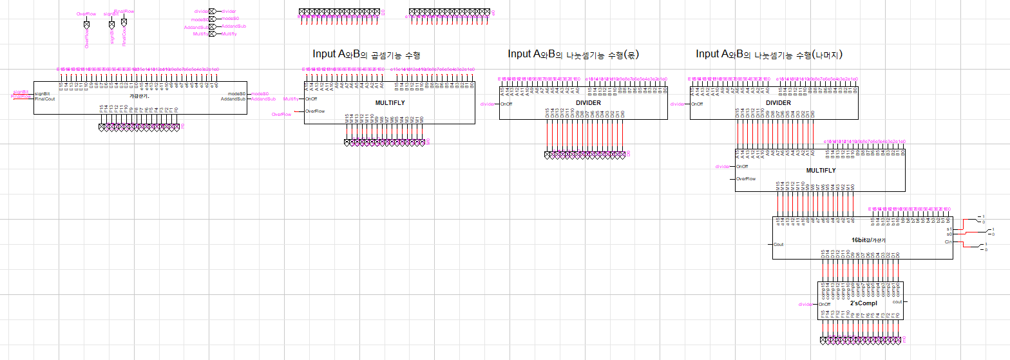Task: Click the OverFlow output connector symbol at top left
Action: pos(86,25)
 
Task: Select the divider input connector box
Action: pos(212,11)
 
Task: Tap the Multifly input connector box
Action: pos(212,33)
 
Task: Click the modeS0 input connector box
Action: pos(212,19)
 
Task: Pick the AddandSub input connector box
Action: pos(212,26)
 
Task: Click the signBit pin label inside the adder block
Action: pos(43,93)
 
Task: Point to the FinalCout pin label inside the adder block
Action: pos(45,99)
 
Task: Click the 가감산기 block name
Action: pos(139,95)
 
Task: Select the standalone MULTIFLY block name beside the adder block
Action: pos(390,103)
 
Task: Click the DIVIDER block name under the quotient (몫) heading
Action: pos(588,102)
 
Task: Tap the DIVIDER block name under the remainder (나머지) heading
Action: pos(778,102)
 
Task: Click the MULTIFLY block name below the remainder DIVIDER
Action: pos(821,171)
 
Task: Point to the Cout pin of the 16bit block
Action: pos(779,245)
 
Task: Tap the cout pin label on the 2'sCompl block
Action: pos(897,301)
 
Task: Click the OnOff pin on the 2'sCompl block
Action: pos(825,305)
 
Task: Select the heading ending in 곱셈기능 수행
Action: pos(366,54)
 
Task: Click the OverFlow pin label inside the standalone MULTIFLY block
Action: pos(315,111)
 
